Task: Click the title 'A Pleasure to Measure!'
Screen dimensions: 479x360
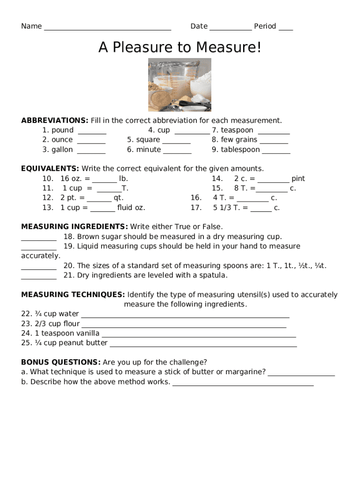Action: [x=180, y=47]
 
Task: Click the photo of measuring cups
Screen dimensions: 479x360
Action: [x=180, y=85]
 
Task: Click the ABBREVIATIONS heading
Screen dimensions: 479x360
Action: [x=55, y=120]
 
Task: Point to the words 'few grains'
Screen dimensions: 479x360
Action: [x=239, y=140]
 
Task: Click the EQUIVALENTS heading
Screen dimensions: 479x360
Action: [x=50, y=168]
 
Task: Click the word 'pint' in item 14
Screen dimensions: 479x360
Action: [x=298, y=179]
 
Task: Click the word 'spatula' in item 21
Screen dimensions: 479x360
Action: [x=214, y=275]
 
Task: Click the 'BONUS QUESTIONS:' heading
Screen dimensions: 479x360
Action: [x=61, y=362]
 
